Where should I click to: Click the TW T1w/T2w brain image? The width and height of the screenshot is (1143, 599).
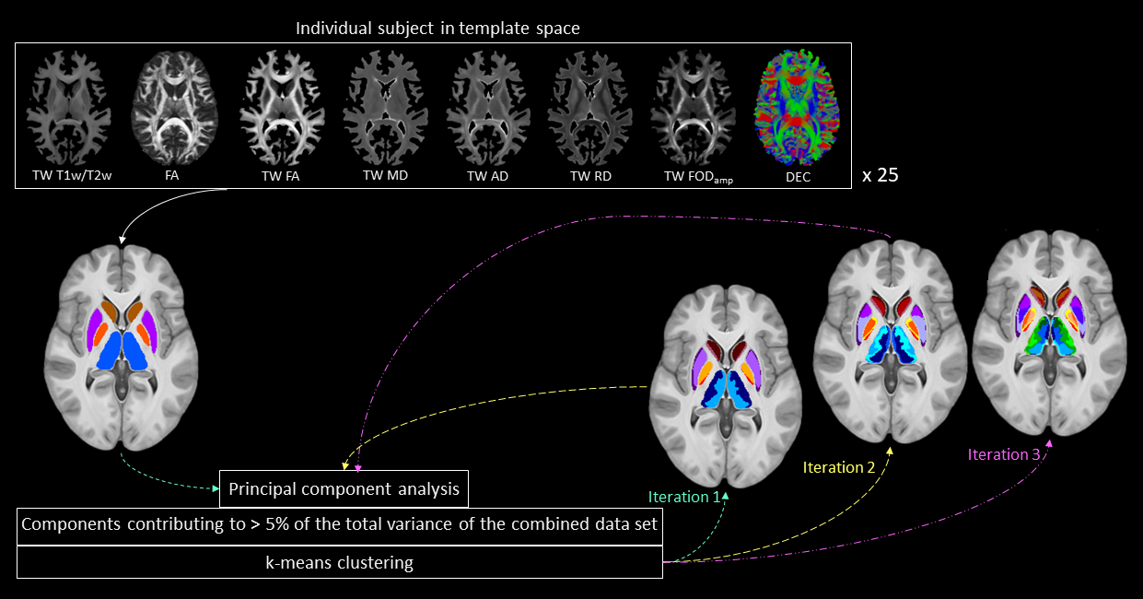tap(69, 109)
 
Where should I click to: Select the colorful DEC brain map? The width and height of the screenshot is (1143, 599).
tap(799, 109)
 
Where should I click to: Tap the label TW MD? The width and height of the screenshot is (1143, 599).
tap(385, 176)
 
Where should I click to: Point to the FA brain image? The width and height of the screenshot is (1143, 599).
tap(175, 109)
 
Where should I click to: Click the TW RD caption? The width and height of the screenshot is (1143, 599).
tap(590, 176)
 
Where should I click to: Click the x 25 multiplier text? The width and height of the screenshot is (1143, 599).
tap(880, 175)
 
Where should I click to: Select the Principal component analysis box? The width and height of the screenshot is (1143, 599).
tap(344, 488)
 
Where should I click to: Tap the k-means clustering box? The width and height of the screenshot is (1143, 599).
tap(339, 561)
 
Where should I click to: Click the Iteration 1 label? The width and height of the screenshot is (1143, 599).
tap(683, 497)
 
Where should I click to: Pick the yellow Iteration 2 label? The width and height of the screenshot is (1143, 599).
tap(838, 467)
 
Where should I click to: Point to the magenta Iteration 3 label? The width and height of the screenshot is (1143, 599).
tap(1003, 453)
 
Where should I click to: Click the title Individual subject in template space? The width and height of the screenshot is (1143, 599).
tap(437, 28)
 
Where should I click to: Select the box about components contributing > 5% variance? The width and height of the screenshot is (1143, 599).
tap(339, 525)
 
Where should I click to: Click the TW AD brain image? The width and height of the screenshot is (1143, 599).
tap(487, 109)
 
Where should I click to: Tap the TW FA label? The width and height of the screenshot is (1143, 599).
tap(279, 176)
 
